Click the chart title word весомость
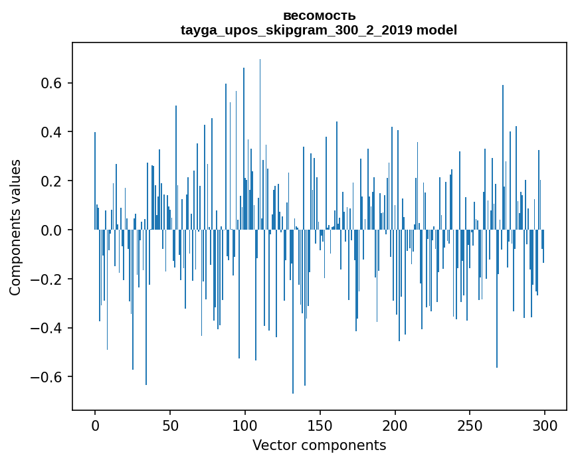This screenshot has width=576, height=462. coord(319,15)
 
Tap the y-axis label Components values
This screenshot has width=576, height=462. coord(15,227)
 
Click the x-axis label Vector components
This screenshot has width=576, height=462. coord(319,445)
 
